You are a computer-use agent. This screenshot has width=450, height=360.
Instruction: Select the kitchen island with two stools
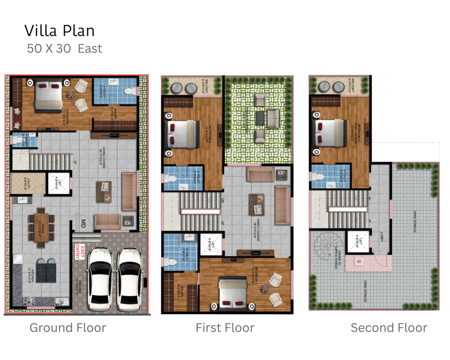click(47, 269)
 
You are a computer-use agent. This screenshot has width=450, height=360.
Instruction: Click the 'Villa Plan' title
click(59, 31)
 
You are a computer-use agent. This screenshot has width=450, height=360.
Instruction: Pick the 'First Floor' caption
click(225, 327)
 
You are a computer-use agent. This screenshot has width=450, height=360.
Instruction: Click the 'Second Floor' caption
click(388, 327)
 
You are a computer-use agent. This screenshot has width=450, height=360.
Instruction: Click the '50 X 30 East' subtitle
click(65, 48)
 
